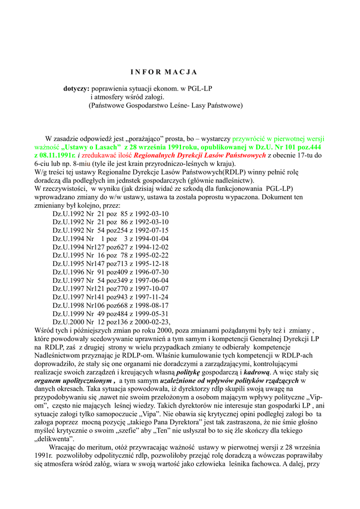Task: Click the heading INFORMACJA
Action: tap(164, 72)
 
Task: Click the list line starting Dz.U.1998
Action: tap(110, 305)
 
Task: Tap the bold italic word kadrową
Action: tap(257, 372)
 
